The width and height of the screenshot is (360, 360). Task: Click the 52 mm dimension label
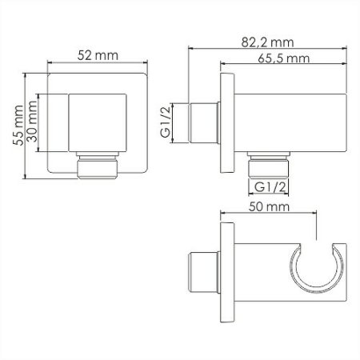98,55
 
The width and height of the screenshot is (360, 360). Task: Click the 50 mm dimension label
266,207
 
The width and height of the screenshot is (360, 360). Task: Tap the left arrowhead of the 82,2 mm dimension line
192,49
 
